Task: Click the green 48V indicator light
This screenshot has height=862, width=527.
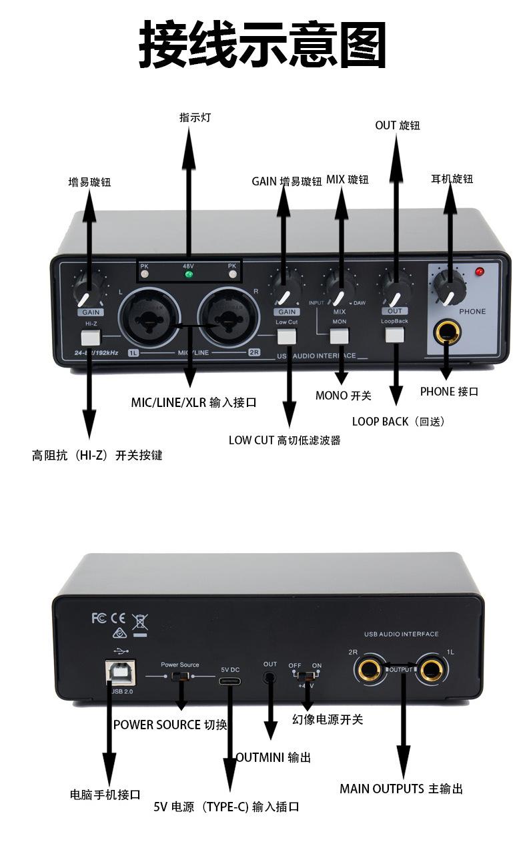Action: point(189,274)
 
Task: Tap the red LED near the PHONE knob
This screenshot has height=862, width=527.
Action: point(479,272)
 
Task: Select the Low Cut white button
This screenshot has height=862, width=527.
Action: point(287,336)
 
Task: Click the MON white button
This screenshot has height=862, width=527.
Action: point(340,335)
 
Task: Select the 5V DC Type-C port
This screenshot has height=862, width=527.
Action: point(230,681)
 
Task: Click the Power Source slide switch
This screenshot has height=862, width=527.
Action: point(179,677)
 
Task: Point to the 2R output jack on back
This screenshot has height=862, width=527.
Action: point(368,669)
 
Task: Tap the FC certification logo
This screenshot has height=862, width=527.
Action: point(99,618)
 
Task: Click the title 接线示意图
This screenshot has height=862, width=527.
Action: point(263,45)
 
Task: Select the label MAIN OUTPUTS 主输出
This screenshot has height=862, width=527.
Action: point(401,789)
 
